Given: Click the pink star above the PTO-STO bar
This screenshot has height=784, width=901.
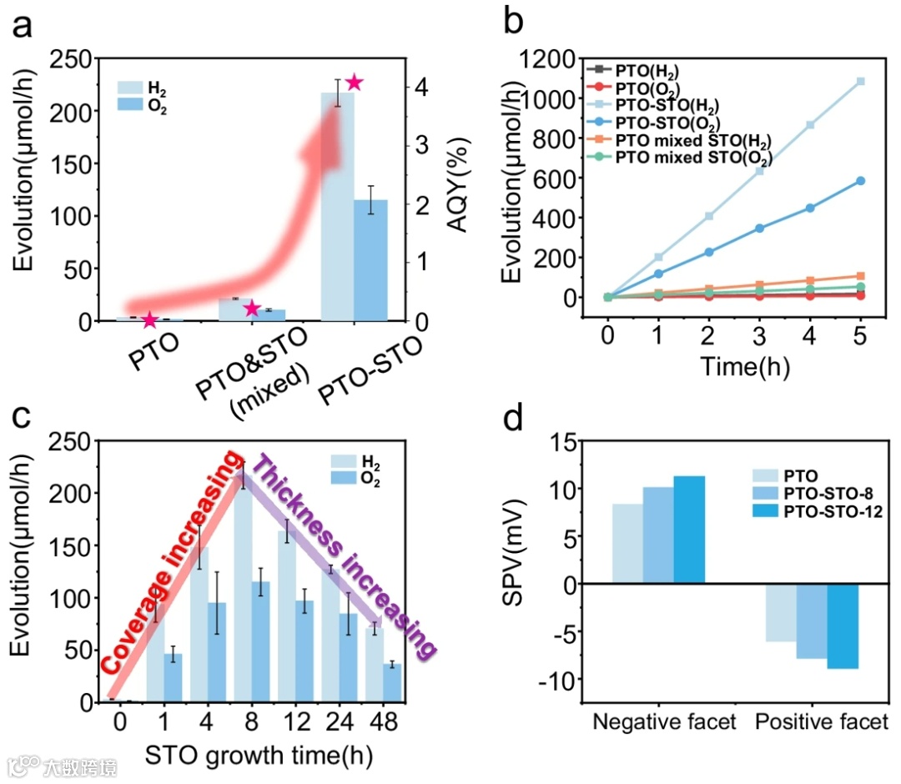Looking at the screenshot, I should pos(354,83).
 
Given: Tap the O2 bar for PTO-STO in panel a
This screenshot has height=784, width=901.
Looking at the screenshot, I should pos(370,259).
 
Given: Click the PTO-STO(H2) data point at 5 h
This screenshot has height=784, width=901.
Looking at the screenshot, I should pos(860,82).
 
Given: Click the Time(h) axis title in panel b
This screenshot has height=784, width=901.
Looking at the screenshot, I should pos(732,365).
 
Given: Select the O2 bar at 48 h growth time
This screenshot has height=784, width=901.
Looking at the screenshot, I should pos(392,683).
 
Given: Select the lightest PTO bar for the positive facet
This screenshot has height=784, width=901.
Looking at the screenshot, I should pos(780,612).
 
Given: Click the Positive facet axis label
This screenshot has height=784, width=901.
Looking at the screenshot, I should pos(822,722).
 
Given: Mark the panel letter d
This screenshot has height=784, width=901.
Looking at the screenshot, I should pos(518,416).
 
